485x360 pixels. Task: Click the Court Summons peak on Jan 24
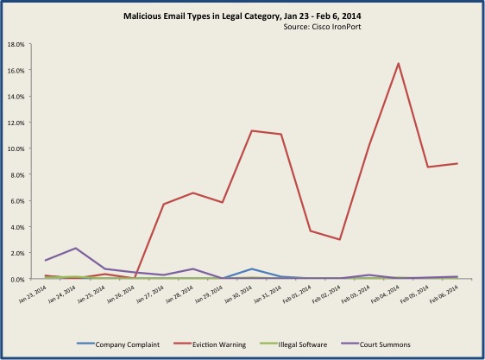77,248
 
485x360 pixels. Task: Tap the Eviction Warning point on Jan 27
164,204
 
